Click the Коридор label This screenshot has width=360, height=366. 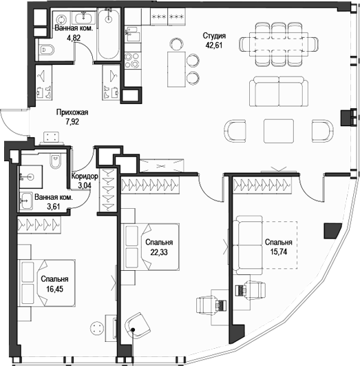(84, 176)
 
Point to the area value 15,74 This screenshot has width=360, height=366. (278, 253)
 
